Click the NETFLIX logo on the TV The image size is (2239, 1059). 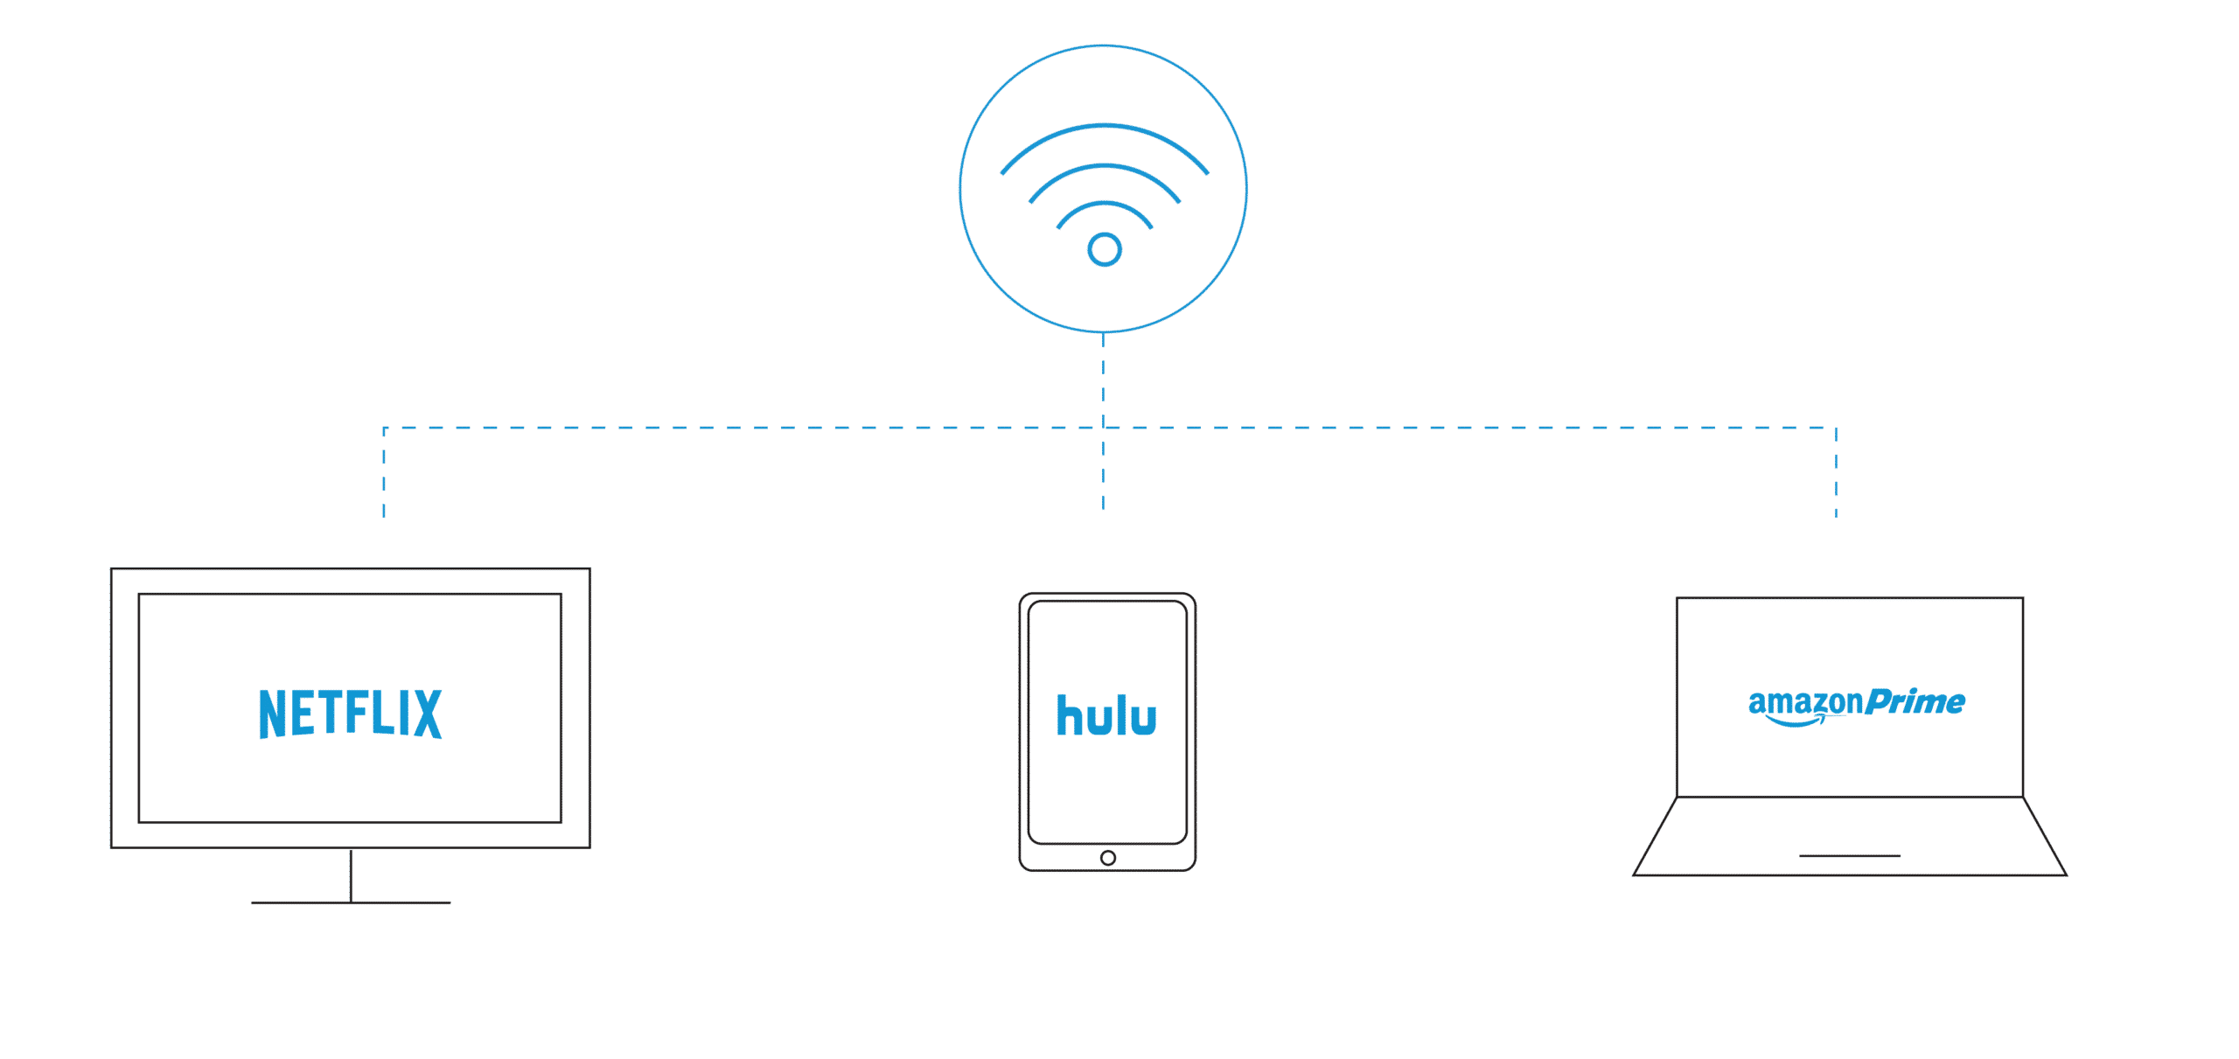point(350,714)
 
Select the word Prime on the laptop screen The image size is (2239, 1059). point(1916,702)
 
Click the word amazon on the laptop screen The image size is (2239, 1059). point(1805,702)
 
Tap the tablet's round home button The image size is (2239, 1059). point(1107,858)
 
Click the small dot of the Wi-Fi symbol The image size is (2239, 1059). point(1105,250)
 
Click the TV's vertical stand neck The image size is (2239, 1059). point(351,874)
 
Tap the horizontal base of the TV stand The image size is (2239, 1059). point(351,902)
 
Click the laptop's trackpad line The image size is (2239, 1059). point(1849,855)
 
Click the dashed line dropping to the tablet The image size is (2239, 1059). point(1103,472)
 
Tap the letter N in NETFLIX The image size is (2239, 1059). point(273,714)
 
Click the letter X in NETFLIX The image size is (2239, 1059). point(427,714)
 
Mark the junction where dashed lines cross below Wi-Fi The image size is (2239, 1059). point(1103,428)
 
